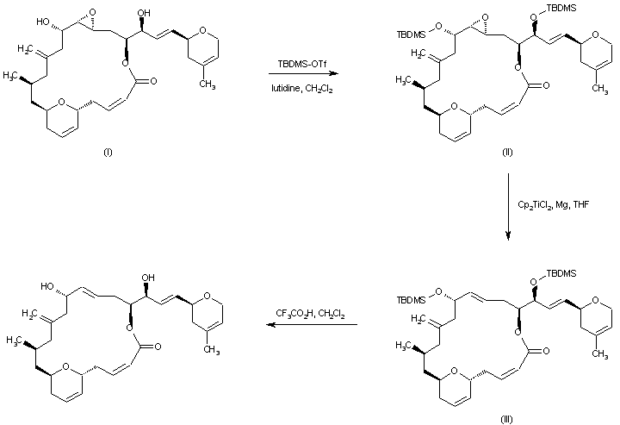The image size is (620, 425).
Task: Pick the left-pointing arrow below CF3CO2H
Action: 311,326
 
